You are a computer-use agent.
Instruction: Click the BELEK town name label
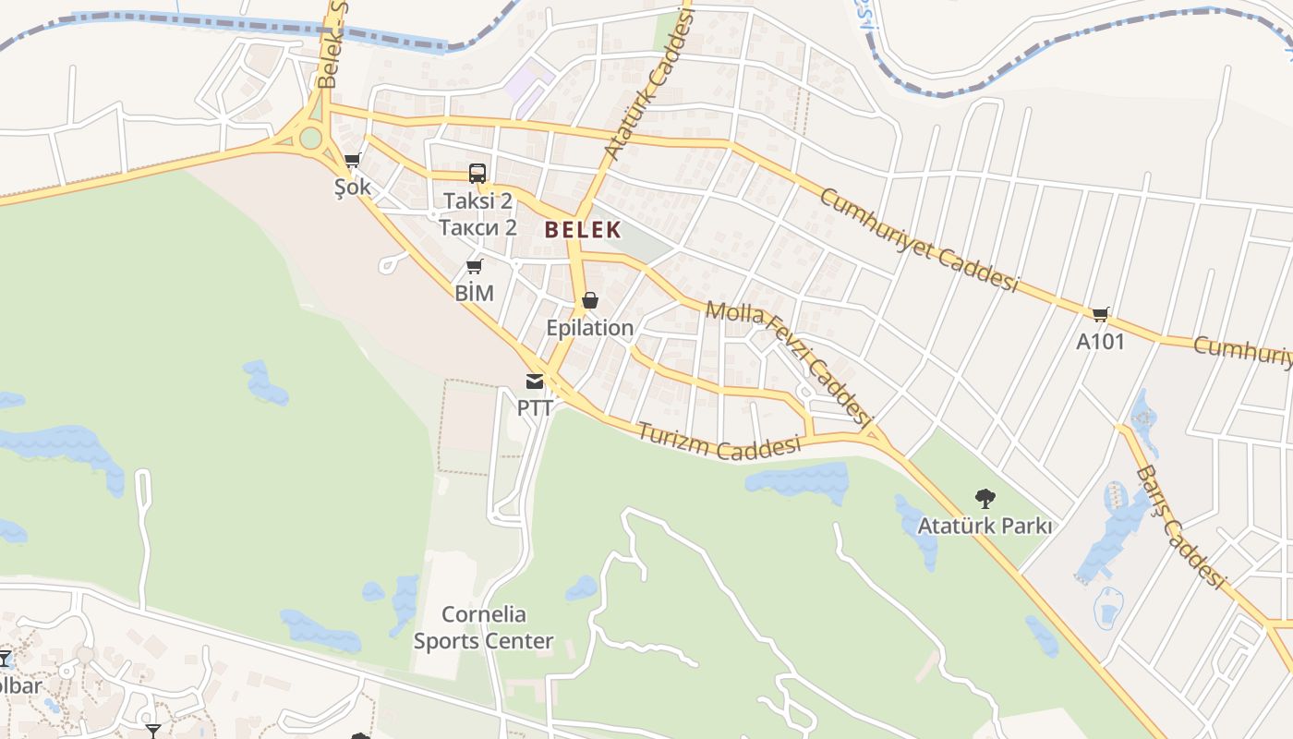(582, 230)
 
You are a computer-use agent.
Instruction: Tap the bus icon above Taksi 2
(477, 173)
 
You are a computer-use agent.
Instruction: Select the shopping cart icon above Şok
(352, 161)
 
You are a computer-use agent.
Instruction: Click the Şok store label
(353, 187)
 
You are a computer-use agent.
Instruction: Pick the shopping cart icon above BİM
(474, 267)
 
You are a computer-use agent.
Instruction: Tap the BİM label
(475, 293)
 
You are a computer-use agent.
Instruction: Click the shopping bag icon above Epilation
(589, 301)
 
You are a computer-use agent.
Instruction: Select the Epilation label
(589, 328)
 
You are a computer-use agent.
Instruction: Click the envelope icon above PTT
(535, 381)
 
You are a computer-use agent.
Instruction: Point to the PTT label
(535, 407)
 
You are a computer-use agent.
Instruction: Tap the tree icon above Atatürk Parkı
(985, 499)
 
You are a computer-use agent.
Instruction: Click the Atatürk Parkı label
(985, 526)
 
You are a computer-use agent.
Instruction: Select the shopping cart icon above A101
(1100, 314)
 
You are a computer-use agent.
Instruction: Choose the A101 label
(1100, 341)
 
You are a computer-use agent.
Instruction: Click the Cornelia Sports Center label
(483, 627)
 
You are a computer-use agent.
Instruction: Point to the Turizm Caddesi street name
(718, 441)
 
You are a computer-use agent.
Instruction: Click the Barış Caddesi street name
(1179, 527)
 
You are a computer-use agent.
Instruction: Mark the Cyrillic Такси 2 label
(477, 227)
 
